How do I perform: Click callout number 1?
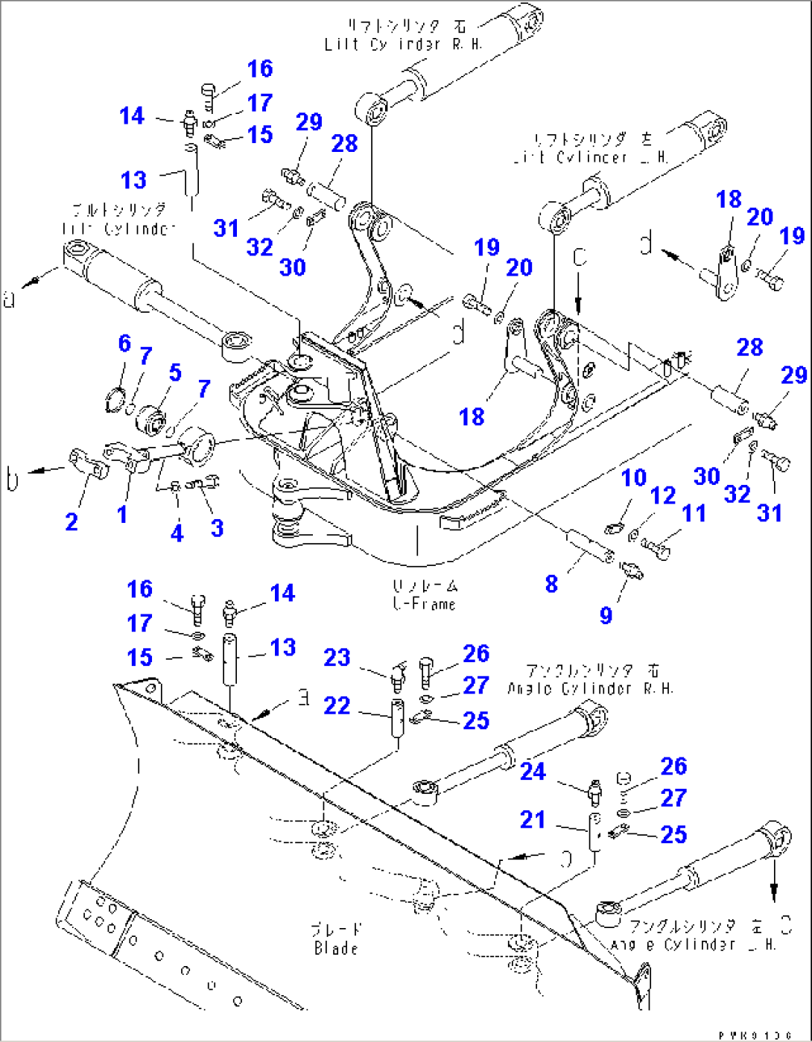tap(122, 514)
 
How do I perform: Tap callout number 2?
tap(72, 521)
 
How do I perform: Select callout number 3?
tap(217, 527)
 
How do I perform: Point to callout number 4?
tap(177, 533)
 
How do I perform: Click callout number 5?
tap(175, 372)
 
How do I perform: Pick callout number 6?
tap(124, 343)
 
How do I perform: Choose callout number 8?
tap(551, 584)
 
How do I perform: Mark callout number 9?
tap(606, 614)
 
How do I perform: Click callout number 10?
tap(634, 477)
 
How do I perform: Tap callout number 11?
tap(694, 512)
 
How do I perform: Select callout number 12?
tap(663, 495)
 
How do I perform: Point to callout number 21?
tap(533, 819)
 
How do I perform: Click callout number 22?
tap(337, 705)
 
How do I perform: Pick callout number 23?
tap(337, 658)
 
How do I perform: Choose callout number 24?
tap(533, 772)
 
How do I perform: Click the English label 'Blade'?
tap(336, 948)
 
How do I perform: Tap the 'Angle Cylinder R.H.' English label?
tap(590, 688)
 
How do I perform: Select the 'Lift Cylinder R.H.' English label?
tap(403, 44)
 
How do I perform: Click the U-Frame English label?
tap(424, 604)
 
